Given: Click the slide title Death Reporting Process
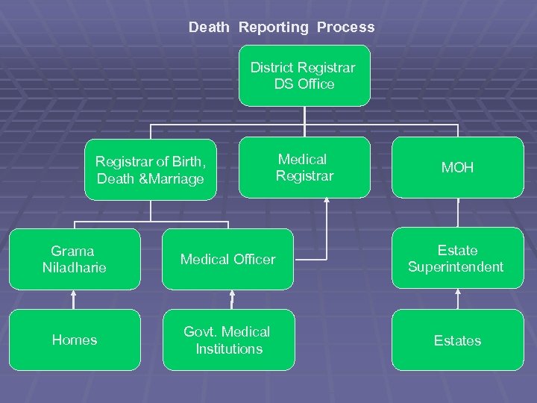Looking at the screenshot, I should pyautogui.click(x=281, y=28).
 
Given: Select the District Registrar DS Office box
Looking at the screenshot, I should pyautogui.click(x=304, y=75).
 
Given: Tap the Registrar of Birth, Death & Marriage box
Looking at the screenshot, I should pyautogui.click(x=150, y=170).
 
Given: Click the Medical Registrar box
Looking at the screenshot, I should pyautogui.click(x=304, y=168).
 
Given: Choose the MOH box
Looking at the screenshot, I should pyautogui.click(x=457, y=168).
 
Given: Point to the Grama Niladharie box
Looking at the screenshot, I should pyautogui.click(x=74, y=259).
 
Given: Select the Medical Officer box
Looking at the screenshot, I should pyautogui.click(x=228, y=259).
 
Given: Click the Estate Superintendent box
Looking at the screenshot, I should pyautogui.click(x=457, y=258).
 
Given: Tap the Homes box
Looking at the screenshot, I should pyautogui.click(x=74, y=340).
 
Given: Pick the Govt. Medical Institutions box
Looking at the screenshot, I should pyautogui.click(x=228, y=340).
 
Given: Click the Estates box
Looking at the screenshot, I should pyautogui.click(x=457, y=340).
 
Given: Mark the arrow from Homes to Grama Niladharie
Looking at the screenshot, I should pyautogui.click(x=74, y=299).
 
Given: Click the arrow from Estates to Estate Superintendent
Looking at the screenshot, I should pyautogui.click(x=457, y=299).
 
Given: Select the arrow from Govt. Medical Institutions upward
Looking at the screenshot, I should pyautogui.click(x=232, y=299).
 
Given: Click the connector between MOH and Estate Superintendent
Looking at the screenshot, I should pyautogui.click(x=457, y=213).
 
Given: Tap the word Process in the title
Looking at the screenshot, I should pyautogui.click(x=345, y=28).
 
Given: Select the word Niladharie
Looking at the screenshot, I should pyautogui.click(x=74, y=267).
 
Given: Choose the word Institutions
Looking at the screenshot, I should pyautogui.click(x=229, y=349).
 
